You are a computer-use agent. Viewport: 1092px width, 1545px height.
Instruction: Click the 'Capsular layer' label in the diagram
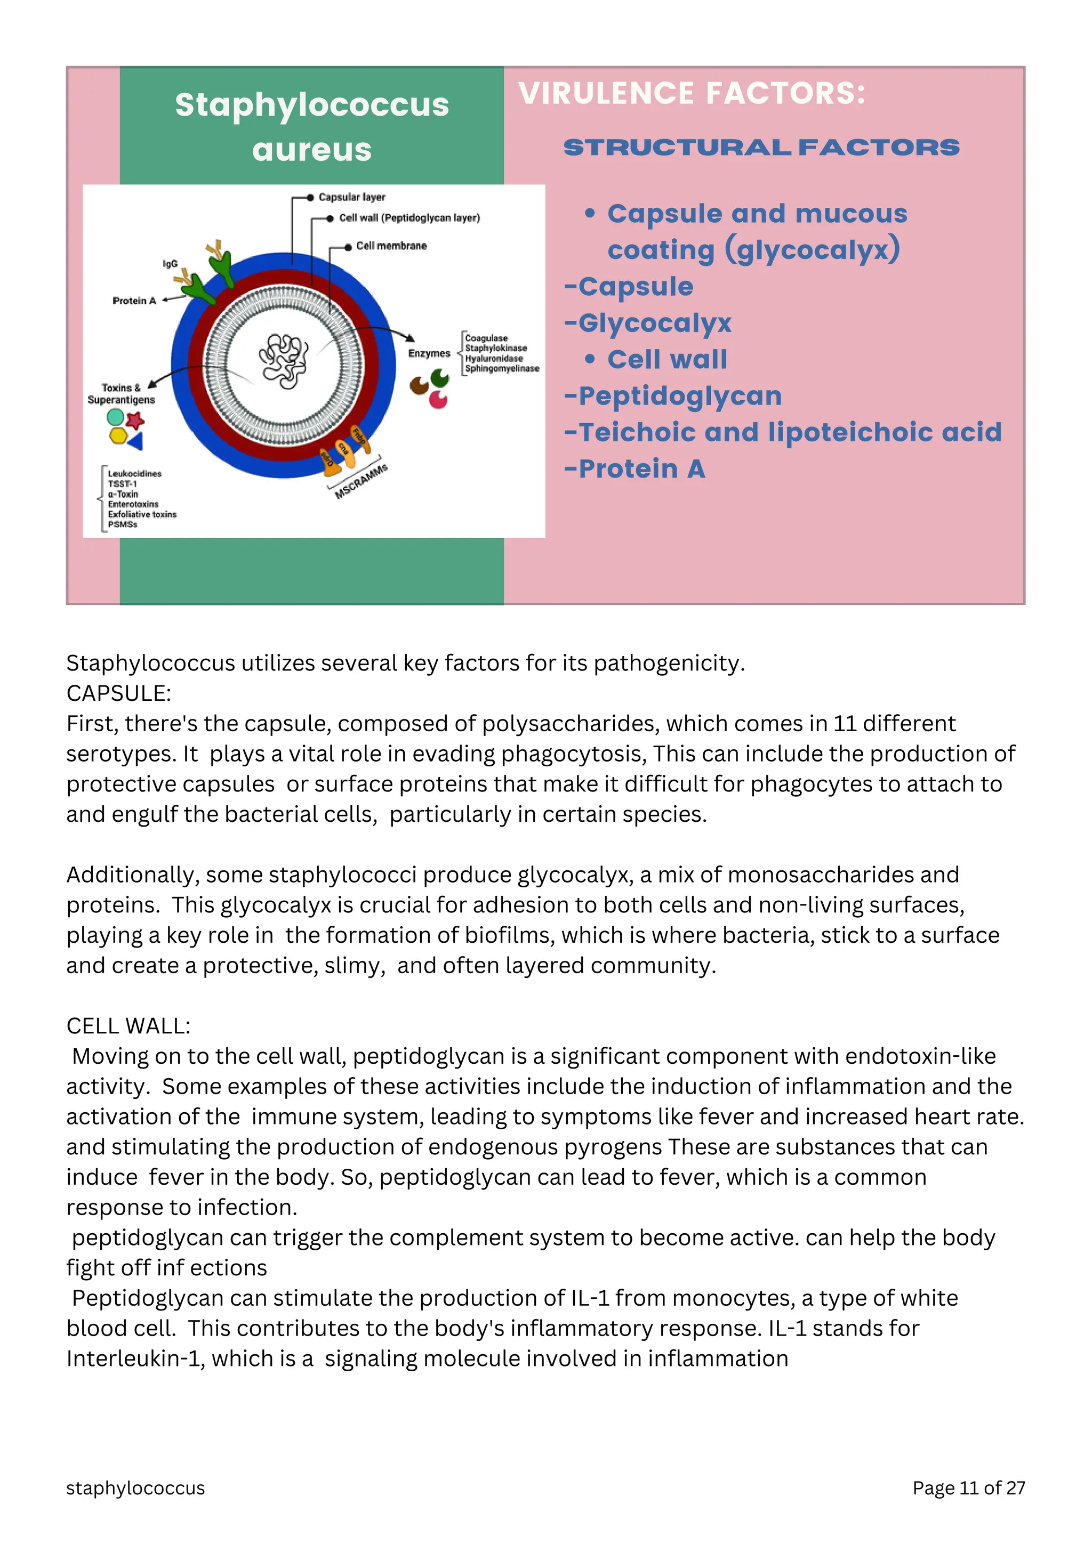[351, 197]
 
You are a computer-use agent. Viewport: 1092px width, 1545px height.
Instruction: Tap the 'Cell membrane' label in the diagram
[391, 246]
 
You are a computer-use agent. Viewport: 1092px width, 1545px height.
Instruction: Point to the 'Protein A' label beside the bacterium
[134, 301]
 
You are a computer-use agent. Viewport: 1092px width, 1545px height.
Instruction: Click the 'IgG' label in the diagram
[170, 264]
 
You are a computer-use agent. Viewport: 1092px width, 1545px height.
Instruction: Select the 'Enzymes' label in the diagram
[428, 353]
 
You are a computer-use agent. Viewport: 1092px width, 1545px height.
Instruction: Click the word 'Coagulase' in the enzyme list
[486, 338]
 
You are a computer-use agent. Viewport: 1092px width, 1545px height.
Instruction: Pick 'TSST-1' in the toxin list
[122, 484]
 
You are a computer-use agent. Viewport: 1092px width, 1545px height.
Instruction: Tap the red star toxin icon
[135, 420]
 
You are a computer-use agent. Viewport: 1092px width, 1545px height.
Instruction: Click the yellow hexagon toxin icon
[118, 436]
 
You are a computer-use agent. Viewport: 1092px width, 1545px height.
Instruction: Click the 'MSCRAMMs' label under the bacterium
[361, 481]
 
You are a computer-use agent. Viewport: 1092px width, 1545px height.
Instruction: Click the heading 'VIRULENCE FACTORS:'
[692, 94]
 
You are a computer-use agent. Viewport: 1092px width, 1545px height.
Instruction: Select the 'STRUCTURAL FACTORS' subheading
[761, 148]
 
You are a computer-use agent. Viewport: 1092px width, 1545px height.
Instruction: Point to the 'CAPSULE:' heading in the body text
[118, 693]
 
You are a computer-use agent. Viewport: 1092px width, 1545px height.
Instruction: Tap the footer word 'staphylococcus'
[135, 1488]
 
